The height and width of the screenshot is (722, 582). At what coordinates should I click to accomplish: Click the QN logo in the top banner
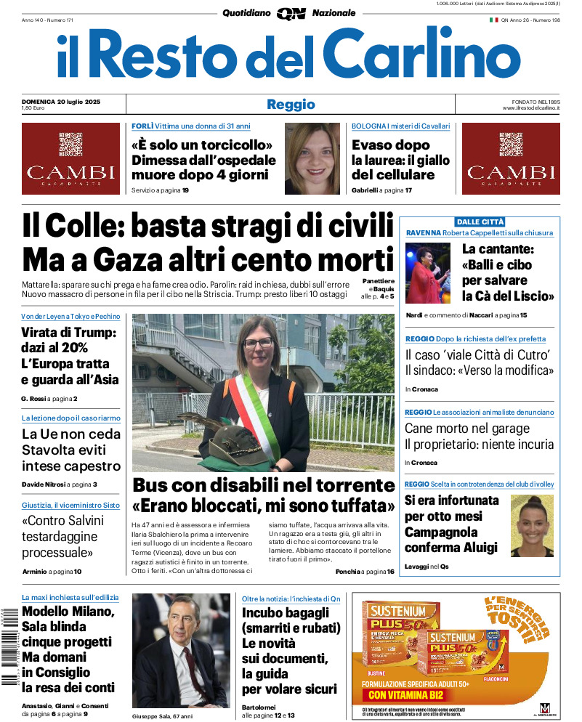coord(291,13)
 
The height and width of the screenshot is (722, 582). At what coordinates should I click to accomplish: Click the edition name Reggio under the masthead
coord(291,105)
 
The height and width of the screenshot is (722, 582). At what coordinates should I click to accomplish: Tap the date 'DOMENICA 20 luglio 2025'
coord(61,101)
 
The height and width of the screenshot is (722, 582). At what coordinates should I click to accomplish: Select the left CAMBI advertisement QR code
coord(71,144)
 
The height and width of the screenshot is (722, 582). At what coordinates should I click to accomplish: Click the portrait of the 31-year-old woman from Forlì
coord(312,158)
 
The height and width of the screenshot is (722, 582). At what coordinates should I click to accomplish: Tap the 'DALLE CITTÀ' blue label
coord(480,222)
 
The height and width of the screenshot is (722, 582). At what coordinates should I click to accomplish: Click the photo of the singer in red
coord(428,273)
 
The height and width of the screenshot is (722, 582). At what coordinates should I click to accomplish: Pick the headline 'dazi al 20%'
coord(54,348)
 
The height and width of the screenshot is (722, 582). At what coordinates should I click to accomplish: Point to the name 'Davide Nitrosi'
coord(44,484)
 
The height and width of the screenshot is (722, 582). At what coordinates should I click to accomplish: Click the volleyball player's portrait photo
coord(532,526)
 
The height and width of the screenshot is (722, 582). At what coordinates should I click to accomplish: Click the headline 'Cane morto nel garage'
coord(467,429)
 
